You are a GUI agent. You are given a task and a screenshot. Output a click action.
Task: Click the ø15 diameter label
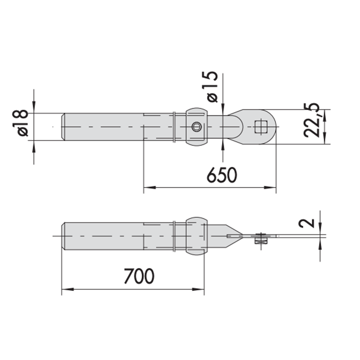pyautogui.click(x=213, y=87)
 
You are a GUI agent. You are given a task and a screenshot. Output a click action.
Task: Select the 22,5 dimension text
pyautogui.click(x=311, y=120)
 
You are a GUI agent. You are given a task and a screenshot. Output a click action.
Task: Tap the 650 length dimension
pyautogui.click(x=222, y=175)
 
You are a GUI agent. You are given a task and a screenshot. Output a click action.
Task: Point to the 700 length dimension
pyautogui.click(x=139, y=276)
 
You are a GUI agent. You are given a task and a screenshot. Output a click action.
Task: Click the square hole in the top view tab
pyautogui.click(x=261, y=127)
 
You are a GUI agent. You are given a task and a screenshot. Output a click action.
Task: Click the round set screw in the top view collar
pyautogui.click(x=196, y=127)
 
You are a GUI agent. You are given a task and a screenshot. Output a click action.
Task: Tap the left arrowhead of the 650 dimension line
pyautogui.click(x=150, y=187)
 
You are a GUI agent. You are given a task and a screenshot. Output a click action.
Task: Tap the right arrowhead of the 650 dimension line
pyautogui.click(x=270, y=187)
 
